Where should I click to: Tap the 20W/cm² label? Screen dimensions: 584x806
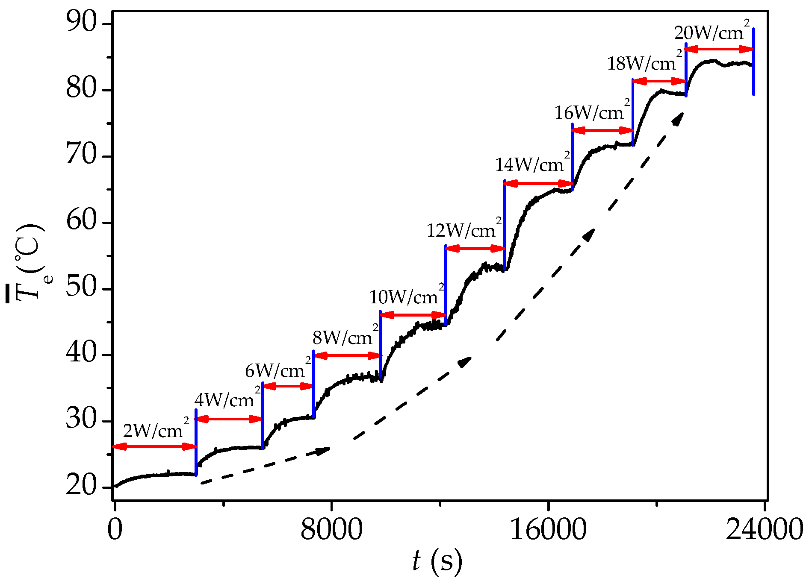click(x=712, y=32)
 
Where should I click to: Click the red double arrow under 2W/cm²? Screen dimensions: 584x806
click(x=154, y=447)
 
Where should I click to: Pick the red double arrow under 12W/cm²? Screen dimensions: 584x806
click(x=475, y=249)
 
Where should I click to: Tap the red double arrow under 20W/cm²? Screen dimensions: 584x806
click(x=719, y=49)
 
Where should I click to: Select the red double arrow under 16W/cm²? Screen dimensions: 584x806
click(x=602, y=130)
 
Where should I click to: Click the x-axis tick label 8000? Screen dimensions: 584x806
click(x=331, y=530)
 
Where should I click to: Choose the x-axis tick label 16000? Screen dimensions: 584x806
click(x=548, y=530)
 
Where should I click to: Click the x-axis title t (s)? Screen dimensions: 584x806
click(x=437, y=561)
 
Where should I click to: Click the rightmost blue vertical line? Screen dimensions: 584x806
click(x=753, y=62)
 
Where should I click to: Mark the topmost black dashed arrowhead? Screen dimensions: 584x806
click(x=678, y=118)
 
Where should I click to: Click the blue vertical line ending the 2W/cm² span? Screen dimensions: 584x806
click(x=196, y=442)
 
